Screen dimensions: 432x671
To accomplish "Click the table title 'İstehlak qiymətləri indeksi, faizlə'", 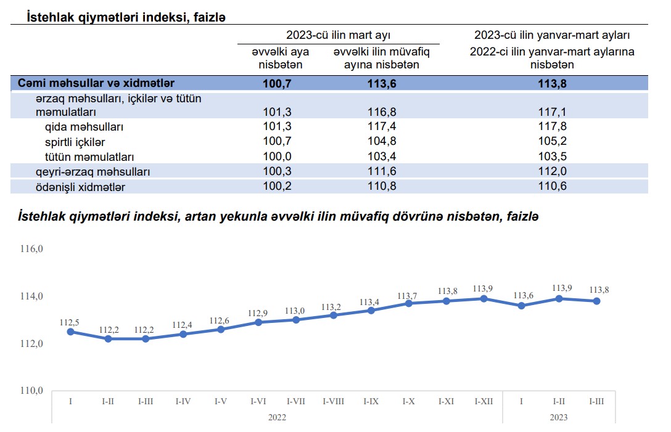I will click(126, 17).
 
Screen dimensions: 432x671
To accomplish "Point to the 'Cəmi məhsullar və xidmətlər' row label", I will click(96, 83).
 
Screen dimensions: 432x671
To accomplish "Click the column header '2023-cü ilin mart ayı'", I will click(338, 35).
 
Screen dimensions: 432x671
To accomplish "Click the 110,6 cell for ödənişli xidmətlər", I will click(552, 186).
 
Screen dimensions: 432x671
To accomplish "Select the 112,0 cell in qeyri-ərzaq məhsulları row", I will click(552, 172).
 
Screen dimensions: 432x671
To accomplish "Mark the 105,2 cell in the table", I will click(552, 142).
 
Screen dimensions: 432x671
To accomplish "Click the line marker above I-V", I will click(221, 329).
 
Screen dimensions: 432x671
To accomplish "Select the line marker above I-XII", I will click(484, 298).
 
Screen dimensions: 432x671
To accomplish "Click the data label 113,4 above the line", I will click(371, 301).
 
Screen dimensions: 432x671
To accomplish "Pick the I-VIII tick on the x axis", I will click(334, 401).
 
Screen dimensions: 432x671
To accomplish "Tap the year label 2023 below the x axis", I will click(559, 417).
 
